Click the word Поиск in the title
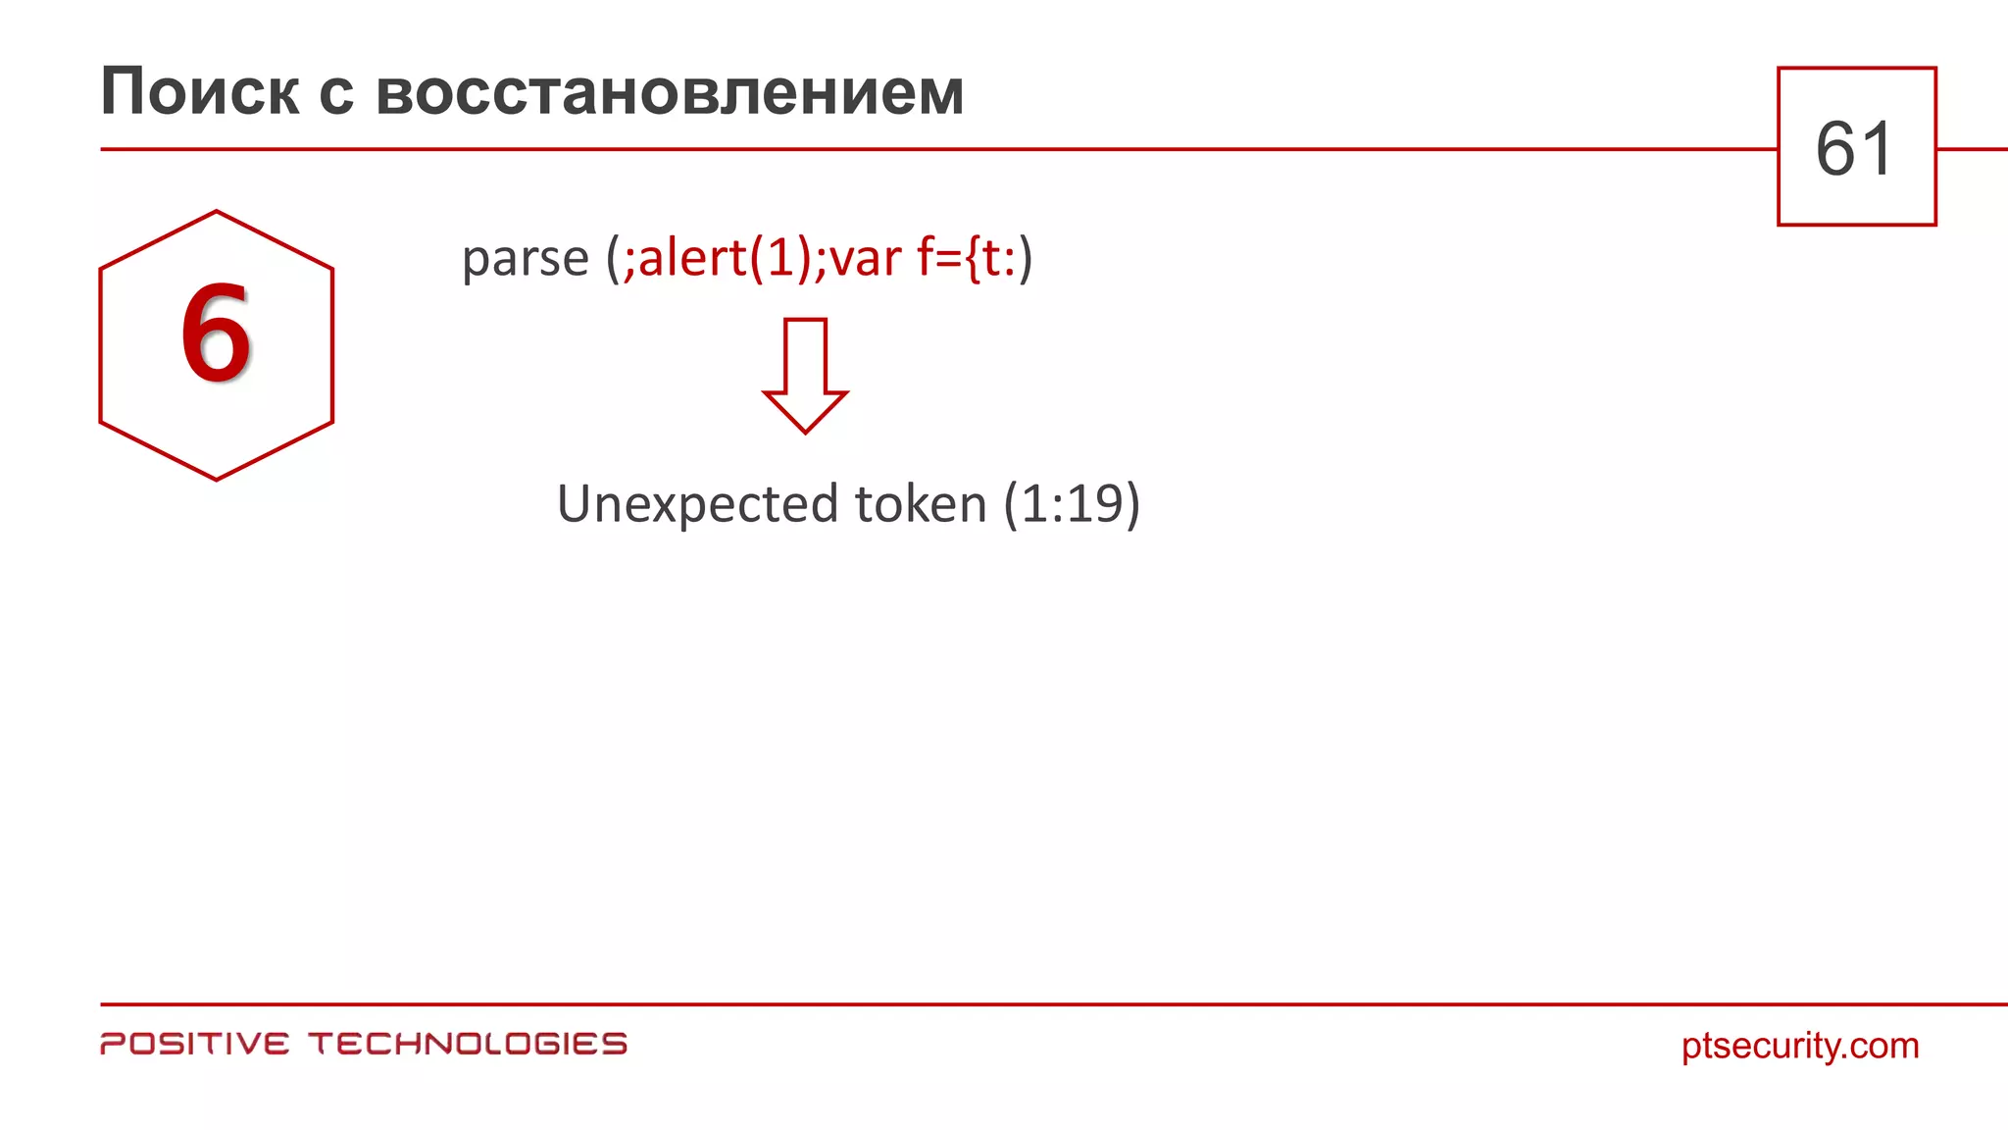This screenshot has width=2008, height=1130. [x=199, y=92]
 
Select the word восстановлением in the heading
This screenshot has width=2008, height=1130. [x=670, y=92]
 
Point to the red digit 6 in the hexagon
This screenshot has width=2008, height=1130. [x=216, y=334]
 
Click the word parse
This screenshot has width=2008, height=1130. [x=525, y=259]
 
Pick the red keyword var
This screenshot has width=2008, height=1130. [x=865, y=259]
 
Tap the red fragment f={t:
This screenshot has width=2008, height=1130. [x=966, y=259]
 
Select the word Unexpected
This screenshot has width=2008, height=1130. [x=698, y=504]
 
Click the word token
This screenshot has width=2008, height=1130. [x=921, y=504]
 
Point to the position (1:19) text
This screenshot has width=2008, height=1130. [x=1072, y=504]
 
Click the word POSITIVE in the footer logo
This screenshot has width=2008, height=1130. [x=195, y=1044]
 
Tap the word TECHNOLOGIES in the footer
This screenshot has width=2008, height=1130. [x=468, y=1044]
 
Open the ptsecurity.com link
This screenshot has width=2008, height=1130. [x=1800, y=1046]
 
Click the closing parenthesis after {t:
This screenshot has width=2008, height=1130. [x=1026, y=260]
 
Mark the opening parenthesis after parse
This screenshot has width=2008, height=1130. [x=613, y=260]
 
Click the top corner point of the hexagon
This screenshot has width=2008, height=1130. [x=216, y=211]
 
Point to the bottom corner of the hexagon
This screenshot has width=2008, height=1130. [x=216, y=480]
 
